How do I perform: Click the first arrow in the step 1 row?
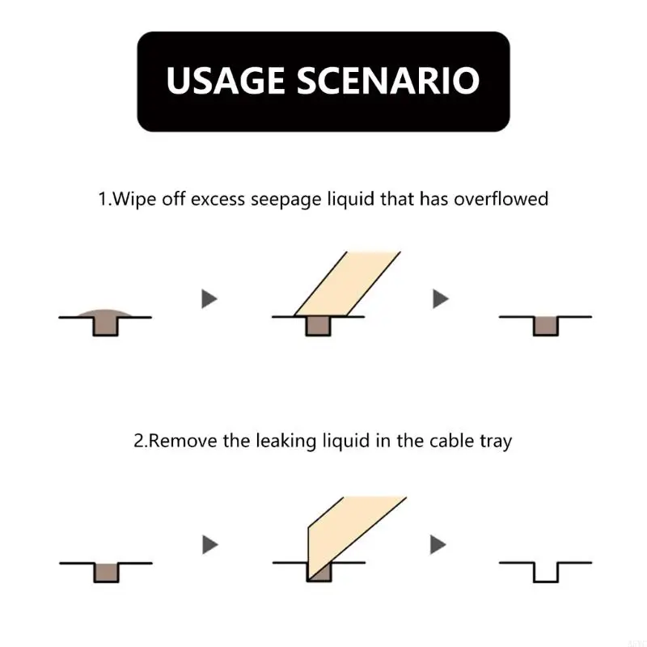pos(210,299)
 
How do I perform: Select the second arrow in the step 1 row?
pos(440,299)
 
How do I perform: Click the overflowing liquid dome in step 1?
pos(105,313)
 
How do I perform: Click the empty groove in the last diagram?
pos(546,571)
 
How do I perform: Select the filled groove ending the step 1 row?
pos(546,325)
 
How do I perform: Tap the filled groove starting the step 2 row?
pos(105,571)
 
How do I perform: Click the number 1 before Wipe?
pos(103,198)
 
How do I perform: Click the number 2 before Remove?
pos(138,441)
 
